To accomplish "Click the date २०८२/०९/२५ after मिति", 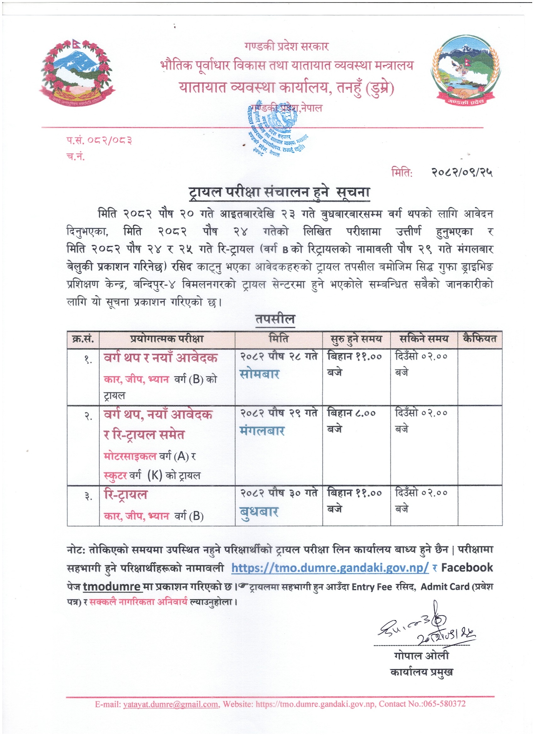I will click(x=461, y=173).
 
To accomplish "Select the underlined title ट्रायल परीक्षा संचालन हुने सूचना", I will click(x=279, y=192).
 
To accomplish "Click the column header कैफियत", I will click(x=480, y=339).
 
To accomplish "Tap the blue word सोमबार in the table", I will click(x=260, y=374).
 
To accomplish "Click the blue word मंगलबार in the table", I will click(x=262, y=431).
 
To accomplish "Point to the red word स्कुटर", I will click(x=115, y=476).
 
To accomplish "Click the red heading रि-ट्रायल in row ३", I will click(x=126, y=495).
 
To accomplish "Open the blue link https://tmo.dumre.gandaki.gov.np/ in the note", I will click(x=330, y=568).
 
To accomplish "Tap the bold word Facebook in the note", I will click(x=467, y=567).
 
